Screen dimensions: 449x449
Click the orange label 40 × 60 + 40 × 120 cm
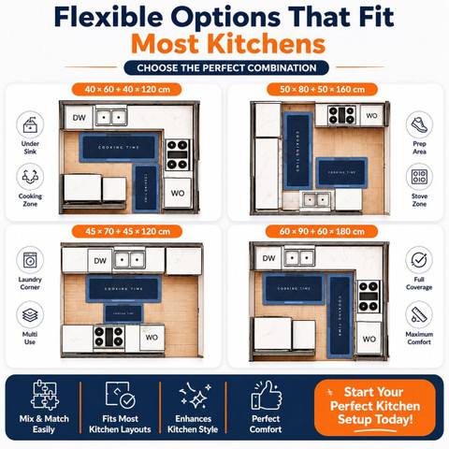[127, 90]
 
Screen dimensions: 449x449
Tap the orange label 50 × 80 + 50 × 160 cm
[322, 90]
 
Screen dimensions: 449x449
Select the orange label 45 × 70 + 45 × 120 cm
[127, 231]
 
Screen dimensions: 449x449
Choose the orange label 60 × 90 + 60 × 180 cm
[322, 231]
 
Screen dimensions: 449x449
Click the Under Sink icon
[30, 124]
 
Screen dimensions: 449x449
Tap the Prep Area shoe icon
[419, 124]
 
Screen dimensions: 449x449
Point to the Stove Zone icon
[419, 177]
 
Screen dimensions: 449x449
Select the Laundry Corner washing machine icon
[30, 260]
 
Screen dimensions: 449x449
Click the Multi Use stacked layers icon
[30, 314]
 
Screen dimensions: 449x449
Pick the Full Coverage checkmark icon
[419, 260]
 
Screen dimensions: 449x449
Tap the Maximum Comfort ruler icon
[419, 314]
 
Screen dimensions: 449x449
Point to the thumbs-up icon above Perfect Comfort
[267, 396]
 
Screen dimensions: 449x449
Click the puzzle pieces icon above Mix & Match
[44, 396]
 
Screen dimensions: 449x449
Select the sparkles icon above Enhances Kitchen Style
[195, 396]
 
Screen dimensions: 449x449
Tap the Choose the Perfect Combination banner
[226, 68]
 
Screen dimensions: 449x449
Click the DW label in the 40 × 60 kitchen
[80, 118]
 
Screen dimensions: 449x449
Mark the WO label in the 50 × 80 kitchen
[371, 116]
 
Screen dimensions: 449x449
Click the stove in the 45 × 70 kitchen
[109, 337]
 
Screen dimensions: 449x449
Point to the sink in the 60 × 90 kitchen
[299, 257]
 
